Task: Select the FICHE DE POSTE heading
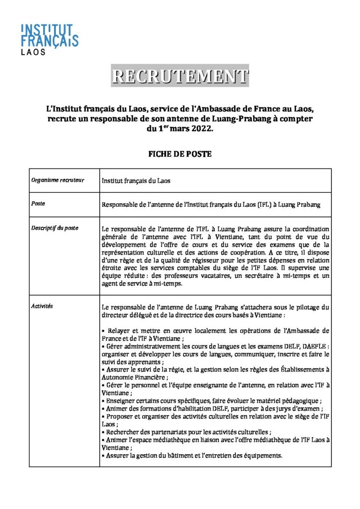click(180, 154)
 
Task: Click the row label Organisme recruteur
click(57, 180)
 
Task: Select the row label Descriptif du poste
click(54, 228)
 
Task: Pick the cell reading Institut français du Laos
click(136, 181)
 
